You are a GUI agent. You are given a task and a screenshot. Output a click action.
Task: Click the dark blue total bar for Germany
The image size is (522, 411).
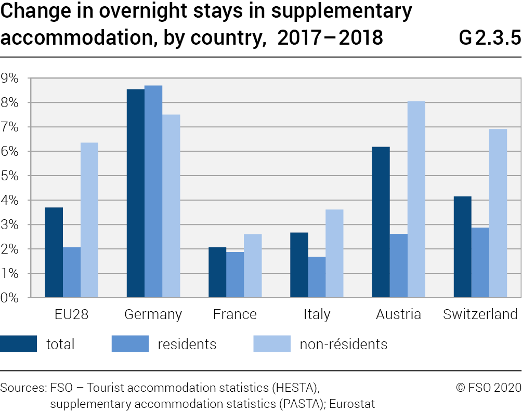(x=136, y=193)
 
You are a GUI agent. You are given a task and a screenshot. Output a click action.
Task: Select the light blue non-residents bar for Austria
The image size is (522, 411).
(x=416, y=200)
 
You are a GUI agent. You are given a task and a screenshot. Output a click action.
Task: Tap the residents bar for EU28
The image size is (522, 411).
(x=72, y=272)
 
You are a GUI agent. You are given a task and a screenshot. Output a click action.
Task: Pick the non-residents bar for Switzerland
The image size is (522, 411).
(x=498, y=213)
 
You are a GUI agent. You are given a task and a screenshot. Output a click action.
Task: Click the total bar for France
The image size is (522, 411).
(x=217, y=272)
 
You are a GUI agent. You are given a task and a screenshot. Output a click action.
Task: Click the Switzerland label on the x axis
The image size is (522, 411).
(x=480, y=314)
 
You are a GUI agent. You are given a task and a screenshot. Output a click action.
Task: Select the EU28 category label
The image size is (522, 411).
(x=71, y=314)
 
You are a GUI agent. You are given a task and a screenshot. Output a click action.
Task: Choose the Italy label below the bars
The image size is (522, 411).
(x=317, y=314)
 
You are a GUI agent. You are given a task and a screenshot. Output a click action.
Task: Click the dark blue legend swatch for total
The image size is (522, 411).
(x=19, y=344)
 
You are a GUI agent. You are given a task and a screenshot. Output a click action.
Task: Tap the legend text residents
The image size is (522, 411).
(x=187, y=344)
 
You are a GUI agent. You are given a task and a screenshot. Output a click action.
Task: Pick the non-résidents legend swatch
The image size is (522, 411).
(x=271, y=344)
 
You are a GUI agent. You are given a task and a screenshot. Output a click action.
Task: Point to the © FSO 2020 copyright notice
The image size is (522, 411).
(x=488, y=388)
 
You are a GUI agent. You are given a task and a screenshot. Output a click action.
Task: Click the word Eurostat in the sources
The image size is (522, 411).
(x=353, y=403)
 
